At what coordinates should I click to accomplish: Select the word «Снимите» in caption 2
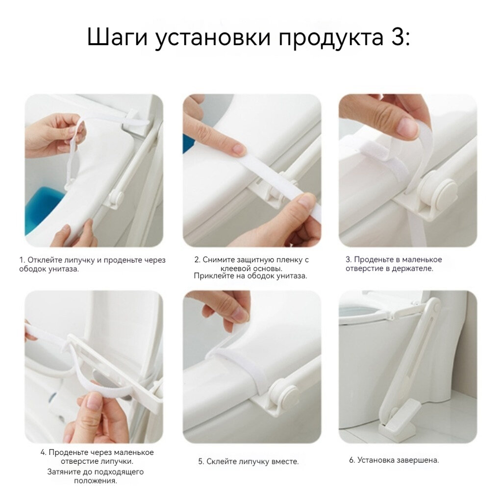click(218, 260)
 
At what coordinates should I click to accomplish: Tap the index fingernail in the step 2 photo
click(239, 150)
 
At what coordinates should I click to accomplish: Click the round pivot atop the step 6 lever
click(435, 308)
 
